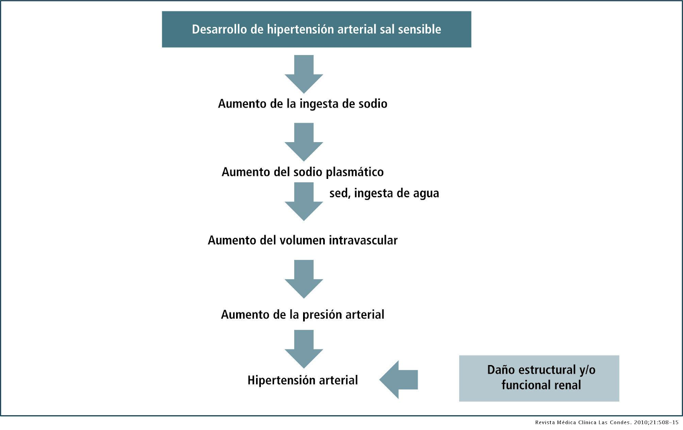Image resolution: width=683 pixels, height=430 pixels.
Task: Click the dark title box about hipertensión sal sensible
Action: tap(316, 29)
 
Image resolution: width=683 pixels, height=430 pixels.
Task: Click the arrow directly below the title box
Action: tap(304, 74)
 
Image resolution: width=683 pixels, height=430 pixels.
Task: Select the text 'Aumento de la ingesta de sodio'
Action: tap(303, 104)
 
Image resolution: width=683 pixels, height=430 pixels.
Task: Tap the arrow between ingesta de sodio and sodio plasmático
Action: tap(304, 142)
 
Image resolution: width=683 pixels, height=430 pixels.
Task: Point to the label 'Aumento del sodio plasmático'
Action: tap(303, 172)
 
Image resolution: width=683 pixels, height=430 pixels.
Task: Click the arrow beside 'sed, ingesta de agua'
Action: tap(304, 202)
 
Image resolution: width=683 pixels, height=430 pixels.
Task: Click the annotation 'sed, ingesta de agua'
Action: tap(384, 193)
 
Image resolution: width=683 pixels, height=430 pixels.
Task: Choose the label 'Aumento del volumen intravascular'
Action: tap(303, 240)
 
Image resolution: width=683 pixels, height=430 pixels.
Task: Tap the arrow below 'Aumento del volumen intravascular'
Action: tap(304, 279)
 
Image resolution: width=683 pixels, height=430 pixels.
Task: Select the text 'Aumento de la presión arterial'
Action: tap(303, 314)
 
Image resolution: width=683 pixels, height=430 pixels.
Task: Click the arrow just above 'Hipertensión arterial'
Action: tap(304, 349)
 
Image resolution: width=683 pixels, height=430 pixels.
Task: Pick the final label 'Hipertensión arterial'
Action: tap(303, 380)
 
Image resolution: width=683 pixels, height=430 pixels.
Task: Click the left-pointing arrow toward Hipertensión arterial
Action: tap(399, 380)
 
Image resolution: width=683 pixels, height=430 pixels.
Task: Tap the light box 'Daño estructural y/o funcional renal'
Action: tap(539, 378)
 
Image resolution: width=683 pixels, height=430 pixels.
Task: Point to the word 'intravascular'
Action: tap(363, 240)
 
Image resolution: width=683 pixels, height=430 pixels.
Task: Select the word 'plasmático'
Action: tap(355, 173)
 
